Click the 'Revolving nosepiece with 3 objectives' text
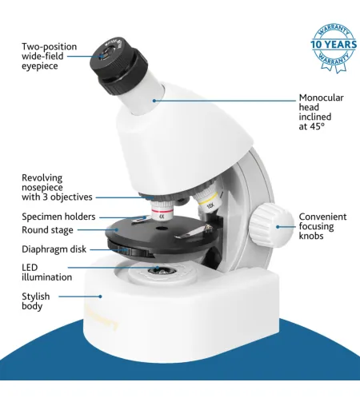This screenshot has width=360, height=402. tap(57, 187)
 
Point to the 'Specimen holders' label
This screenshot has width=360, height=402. tap(58, 217)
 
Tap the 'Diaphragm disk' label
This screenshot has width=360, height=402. tap(54, 249)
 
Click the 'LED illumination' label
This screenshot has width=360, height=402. tap(46, 272)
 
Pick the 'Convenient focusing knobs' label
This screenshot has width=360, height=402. tap(322, 227)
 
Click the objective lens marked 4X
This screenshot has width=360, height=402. tap(161, 212)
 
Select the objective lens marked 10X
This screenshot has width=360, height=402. tap(209, 202)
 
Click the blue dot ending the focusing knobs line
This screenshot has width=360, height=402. tap(278, 227)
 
